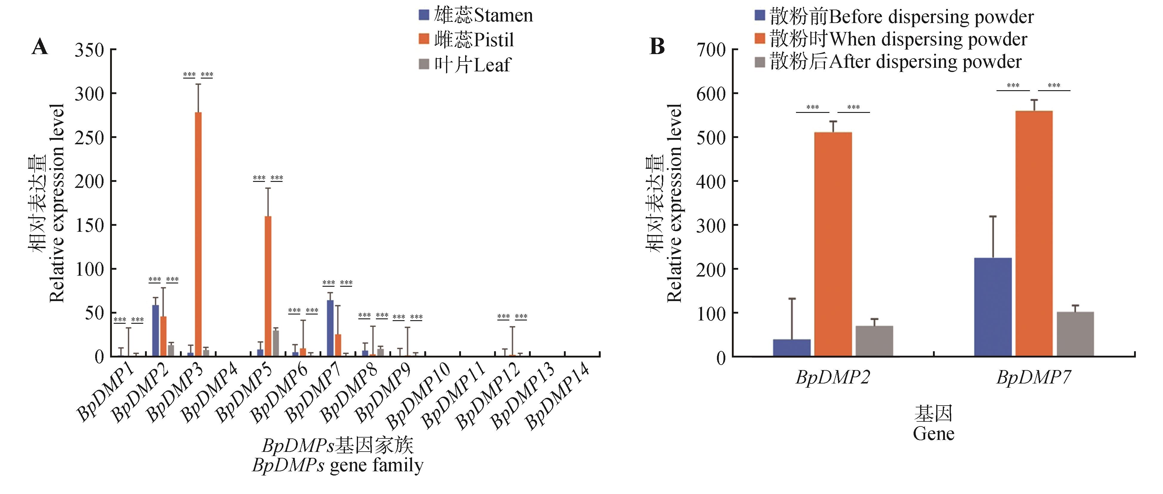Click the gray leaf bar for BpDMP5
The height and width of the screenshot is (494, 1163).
pos(275,343)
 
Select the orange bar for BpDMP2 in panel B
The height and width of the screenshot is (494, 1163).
pos(833,244)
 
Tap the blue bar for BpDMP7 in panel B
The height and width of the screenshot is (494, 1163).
pos(993,307)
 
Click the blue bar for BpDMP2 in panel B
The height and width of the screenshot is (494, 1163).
pos(792,348)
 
